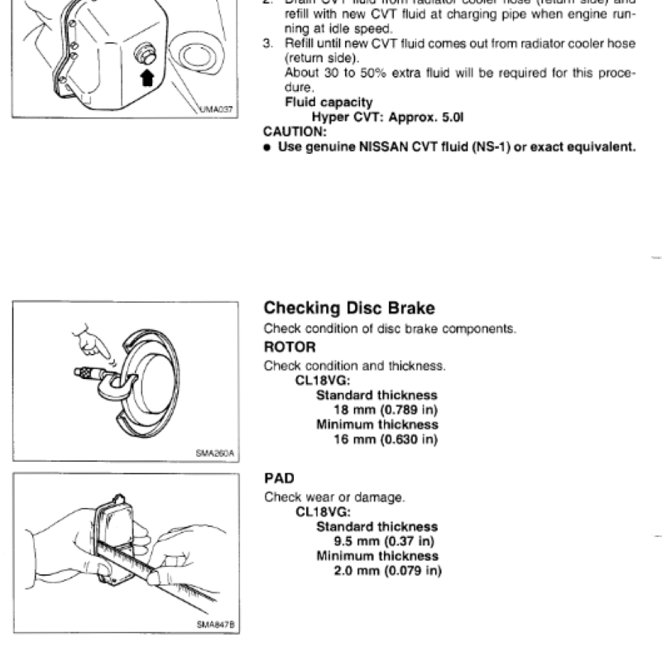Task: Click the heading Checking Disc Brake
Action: [348, 309]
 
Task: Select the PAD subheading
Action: [279, 478]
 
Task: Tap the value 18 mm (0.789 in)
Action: [385, 410]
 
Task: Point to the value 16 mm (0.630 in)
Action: [385, 439]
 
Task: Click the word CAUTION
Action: [294, 132]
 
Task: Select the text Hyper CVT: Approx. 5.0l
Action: [386, 118]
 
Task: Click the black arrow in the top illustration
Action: [147, 79]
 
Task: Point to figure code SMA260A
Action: [215, 453]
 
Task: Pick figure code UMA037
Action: [217, 108]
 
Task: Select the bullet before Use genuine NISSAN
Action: [267, 147]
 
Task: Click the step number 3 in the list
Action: [267, 44]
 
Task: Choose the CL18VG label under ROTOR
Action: [323, 381]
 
